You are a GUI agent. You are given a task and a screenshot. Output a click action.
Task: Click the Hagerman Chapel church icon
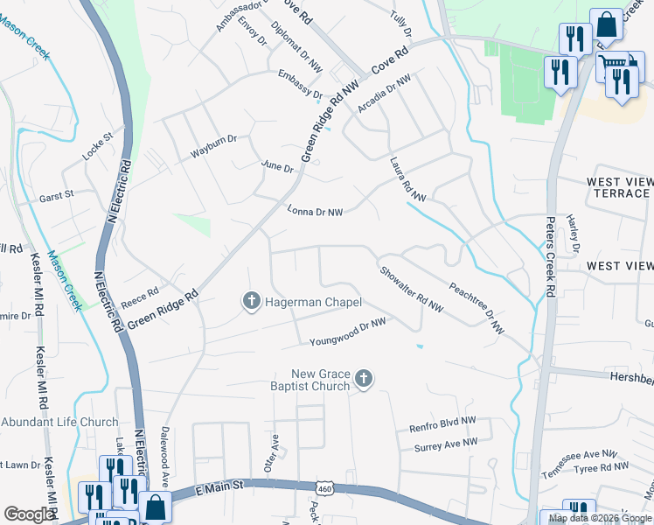coord(251,302)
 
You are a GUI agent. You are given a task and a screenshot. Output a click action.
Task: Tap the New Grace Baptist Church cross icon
coord(364,380)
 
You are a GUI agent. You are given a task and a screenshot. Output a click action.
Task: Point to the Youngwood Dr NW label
coord(347,332)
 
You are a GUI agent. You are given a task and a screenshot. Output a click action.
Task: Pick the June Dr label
coord(278,166)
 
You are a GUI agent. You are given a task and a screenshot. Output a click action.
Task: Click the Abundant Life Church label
coord(59,422)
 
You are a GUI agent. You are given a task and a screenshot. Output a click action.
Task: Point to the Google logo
coord(30,514)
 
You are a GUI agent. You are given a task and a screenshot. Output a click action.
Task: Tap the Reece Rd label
coord(140,296)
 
